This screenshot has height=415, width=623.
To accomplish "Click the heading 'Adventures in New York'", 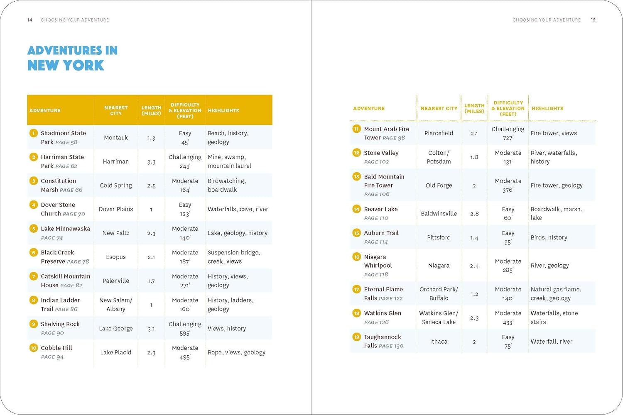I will [72, 58].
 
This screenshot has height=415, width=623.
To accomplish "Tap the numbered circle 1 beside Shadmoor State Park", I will [34, 133].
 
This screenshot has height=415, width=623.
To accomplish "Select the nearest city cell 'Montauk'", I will [116, 138].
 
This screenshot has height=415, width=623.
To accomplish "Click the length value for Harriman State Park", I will [151, 162].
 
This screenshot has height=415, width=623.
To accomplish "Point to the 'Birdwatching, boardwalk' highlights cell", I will [227, 186].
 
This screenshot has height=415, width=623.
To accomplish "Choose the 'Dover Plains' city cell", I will [116, 209].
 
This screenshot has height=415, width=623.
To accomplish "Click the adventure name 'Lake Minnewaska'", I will [65, 229].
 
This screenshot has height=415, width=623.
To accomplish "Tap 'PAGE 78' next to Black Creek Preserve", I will [78, 261].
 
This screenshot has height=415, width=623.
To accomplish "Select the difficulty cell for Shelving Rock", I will [185, 329].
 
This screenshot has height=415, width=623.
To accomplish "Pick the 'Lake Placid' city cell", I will [116, 352].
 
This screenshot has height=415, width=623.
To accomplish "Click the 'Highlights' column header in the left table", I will [223, 110].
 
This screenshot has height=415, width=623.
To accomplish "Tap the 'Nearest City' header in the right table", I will [439, 108].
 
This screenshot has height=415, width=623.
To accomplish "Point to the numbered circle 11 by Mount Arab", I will [356, 129].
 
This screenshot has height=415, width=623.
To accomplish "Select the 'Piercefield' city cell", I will [439, 133].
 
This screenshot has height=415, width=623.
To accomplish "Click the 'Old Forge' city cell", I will [439, 186].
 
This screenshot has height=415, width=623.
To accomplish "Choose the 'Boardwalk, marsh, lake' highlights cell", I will [557, 213].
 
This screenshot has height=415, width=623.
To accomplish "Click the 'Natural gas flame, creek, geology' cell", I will [556, 294].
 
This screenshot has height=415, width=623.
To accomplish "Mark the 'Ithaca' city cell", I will [439, 342].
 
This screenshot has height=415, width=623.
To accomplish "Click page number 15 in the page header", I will [593, 20].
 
